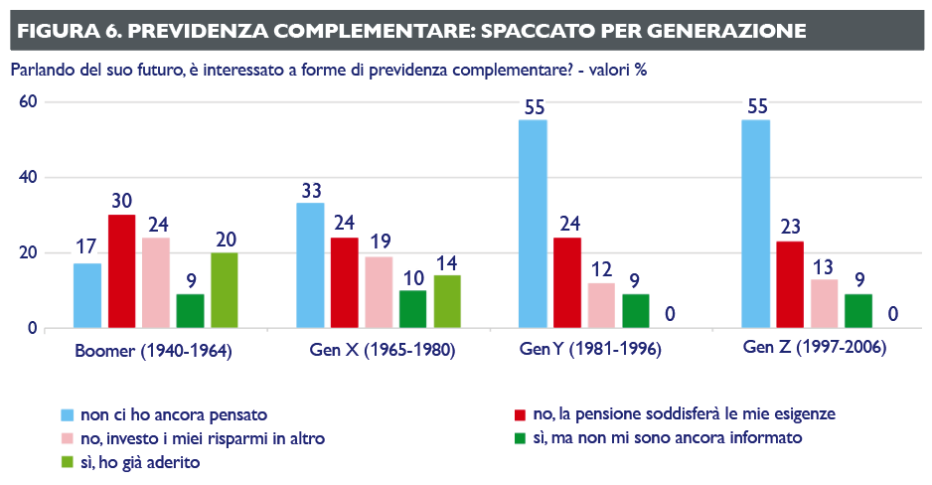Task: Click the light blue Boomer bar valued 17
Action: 87,295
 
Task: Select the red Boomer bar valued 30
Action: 122,271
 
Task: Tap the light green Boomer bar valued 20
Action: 225,290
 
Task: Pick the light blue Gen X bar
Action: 310,265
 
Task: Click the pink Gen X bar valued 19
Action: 379,292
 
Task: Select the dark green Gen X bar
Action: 412,309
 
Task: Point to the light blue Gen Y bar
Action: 534,224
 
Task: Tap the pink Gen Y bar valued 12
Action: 601,305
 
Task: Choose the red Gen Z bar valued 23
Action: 790,284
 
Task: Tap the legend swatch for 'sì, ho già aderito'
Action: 68,462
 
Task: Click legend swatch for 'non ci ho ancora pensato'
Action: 68,412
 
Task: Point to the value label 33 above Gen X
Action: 310,190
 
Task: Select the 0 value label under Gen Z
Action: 892,315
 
